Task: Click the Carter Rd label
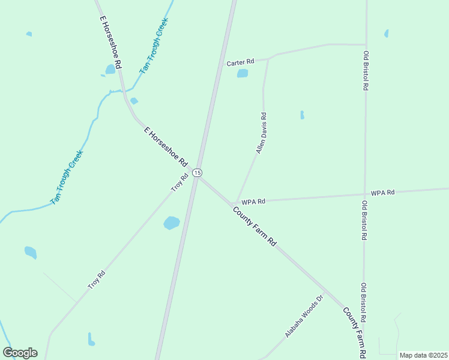pyautogui.click(x=240, y=62)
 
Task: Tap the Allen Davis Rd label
pyautogui.click(x=261, y=133)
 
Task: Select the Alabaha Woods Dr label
pyautogui.click(x=304, y=316)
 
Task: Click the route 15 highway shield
pyautogui.click(x=197, y=172)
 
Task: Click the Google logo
pyautogui.click(x=20, y=353)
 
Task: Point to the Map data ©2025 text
pyautogui.click(x=423, y=355)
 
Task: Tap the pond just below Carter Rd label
pyautogui.click(x=242, y=73)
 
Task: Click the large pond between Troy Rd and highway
pyautogui.click(x=172, y=223)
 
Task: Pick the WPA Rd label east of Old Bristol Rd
pyautogui.click(x=382, y=193)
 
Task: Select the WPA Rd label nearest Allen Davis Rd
pyautogui.click(x=253, y=202)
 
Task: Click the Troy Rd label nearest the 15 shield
pyautogui.click(x=179, y=182)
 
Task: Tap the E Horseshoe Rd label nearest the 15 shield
pyautogui.click(x=166, y=147)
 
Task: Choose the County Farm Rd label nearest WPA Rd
pyautogui.click(x=255, y=227)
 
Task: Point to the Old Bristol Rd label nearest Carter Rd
pyautogui.click(x=365, y=71)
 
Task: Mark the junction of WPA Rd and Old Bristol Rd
pyautogui.click(x=364, y=194)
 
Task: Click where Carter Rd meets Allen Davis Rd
pyautogui.click(x=268, y=59)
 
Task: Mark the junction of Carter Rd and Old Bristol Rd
pyautogui.click(x=365, y=44)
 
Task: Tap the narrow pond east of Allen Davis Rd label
pyautogui.click(x=302, y=115)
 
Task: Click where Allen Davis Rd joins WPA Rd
pyautogui.click(x=236, y=202)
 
